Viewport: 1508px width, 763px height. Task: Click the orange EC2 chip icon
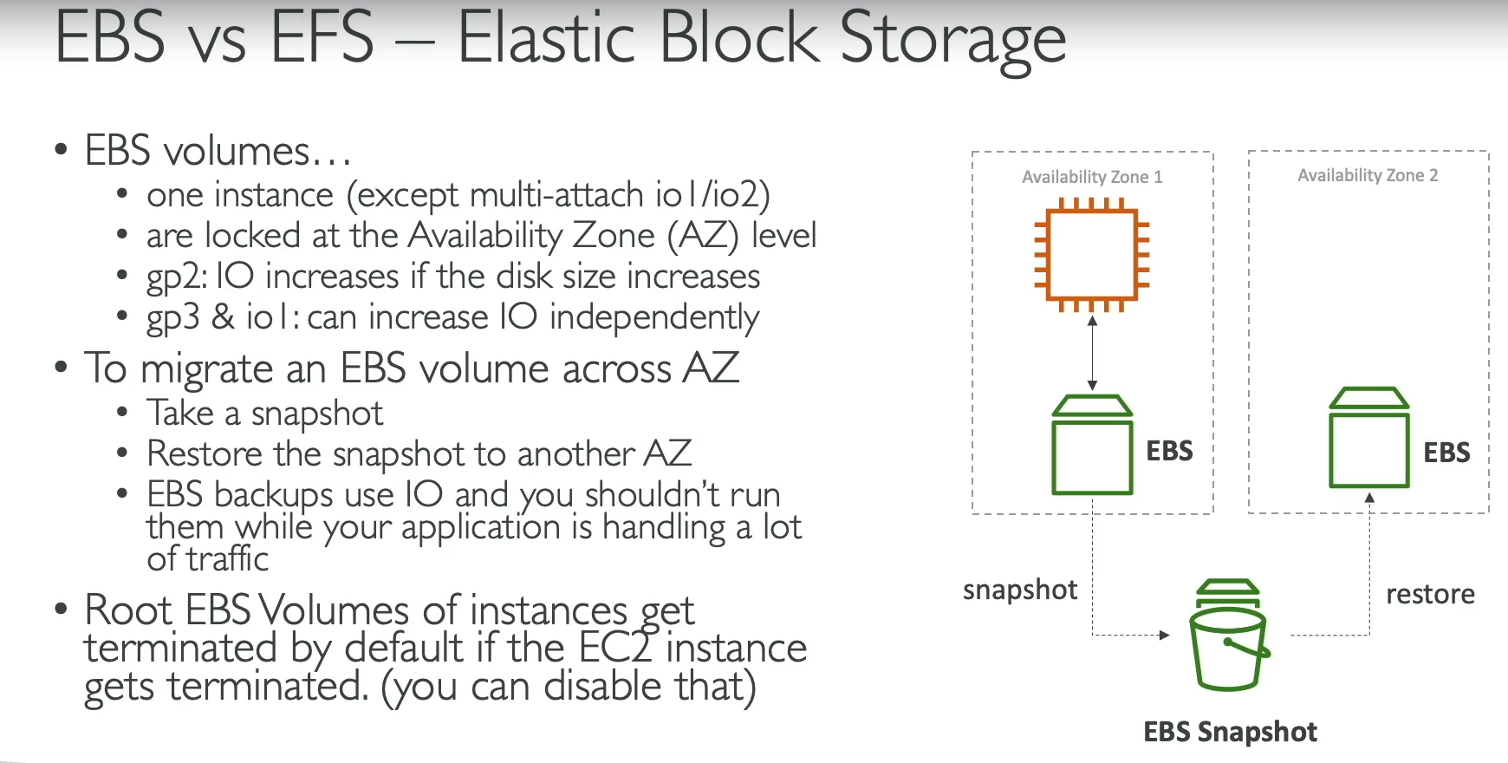(x=1092, y=254)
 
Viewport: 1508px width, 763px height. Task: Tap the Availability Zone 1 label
(x=1092, y=177)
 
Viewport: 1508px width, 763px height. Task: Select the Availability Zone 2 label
(x=1368, y=175)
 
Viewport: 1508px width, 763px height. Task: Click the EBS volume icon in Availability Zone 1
(x=1092, y=445)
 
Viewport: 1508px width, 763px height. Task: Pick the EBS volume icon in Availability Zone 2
(x=1368, y=438)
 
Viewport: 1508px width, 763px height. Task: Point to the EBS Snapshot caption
(x=1230, y=732)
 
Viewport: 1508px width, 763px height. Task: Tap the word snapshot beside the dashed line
(x=1020, y=590)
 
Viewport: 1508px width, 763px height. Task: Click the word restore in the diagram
(x=1430, y=594)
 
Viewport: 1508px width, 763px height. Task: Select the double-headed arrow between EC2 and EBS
(x=1092, y=353)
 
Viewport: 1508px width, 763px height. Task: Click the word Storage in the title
(x=952, y=39)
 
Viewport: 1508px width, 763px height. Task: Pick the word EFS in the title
(x=322, y=39)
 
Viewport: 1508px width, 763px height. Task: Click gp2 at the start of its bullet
(x=175, y=277)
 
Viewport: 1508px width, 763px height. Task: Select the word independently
(x=654, y=318)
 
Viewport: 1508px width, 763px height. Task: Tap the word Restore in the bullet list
(x=205, y=453)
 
